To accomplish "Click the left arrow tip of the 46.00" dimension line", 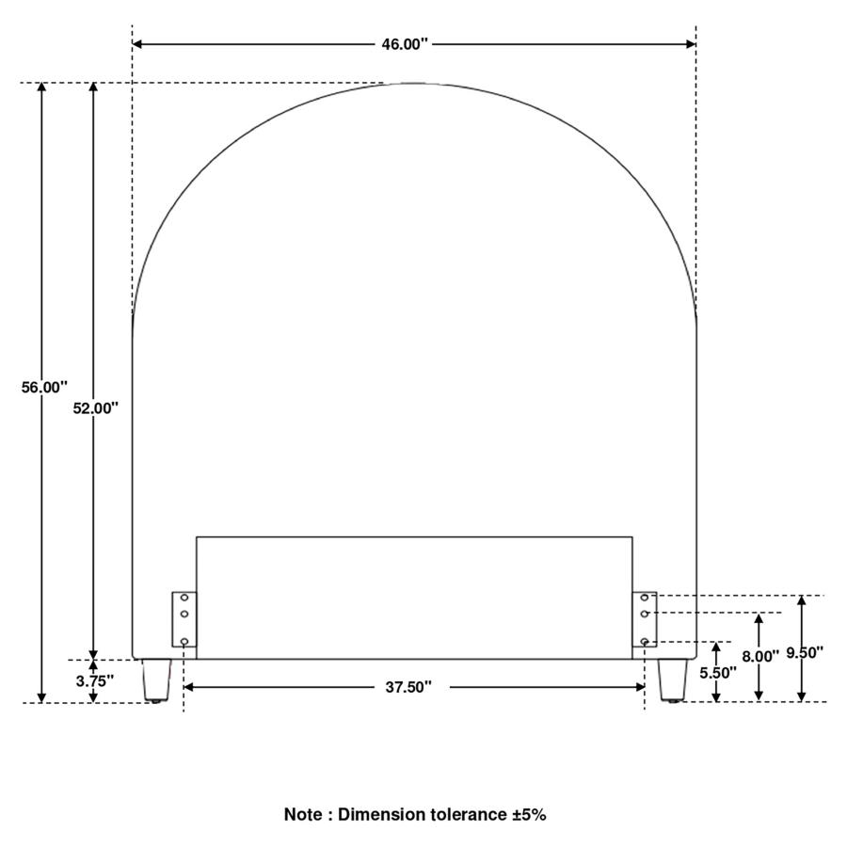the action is pyautogui.click(x=133, y=43).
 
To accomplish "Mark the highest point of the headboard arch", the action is pyautogui.click(x=414, y=83).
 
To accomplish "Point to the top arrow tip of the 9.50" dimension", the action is pyautogui.click(x=802, y=596).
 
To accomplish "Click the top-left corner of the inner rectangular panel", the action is pyautogui.click(x=197, y=537).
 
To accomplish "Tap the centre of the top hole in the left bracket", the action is pyautogui.click(x=184, y=598).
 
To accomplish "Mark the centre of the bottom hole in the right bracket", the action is pyautogui.click(x=645, y=641).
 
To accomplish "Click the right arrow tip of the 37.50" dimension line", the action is pyautogui.click(x=645, y=687).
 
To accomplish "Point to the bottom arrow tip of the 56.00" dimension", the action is pyautogui.click(x=41, y=702).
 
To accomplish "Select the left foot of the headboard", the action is pyautogui.click(x=156, y=680).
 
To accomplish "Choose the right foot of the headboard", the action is pyautogui.click(x=673, y=680).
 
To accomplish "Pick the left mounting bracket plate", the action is pyautogui.click(x=184, y=619).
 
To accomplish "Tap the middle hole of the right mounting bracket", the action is pyautogui.click(x=645, y=614).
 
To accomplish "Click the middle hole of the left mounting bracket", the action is pyautogui.click(x=184, y=614).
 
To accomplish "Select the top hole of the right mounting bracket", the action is pyautogui.click(x=645, y=598).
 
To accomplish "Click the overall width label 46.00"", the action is pyautogui.click(x=405, y=44).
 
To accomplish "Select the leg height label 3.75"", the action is pyautogui.click(x=95, y=681).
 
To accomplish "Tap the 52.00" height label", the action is pyautogui.click(x=96, y=408).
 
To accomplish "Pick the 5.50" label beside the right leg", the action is pyautogui.click(x=718, y=673).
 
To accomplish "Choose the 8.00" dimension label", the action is pyautogui.click(x=760, y=656).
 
